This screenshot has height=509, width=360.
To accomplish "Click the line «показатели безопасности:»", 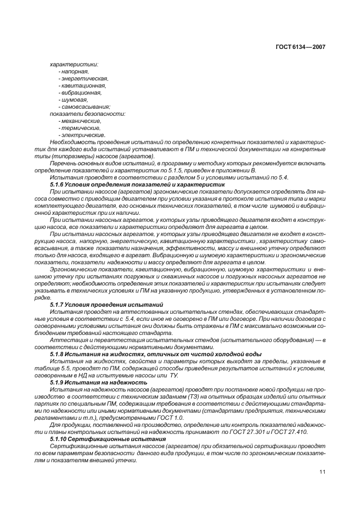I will click(x=80, y=114).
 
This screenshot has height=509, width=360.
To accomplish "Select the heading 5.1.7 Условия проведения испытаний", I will click(x=107, y=305).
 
